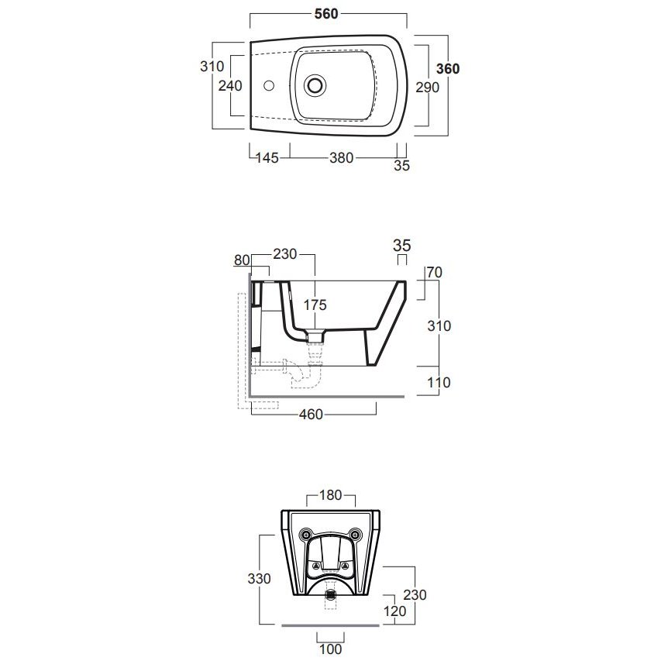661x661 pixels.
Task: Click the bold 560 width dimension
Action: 326,14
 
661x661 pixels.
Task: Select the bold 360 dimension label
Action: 448,69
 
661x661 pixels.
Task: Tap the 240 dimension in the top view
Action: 230,85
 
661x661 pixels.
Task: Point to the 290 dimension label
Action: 428,88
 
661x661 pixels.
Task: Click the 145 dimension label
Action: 267,157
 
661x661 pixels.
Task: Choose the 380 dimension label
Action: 342,157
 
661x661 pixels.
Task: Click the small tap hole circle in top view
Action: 269,85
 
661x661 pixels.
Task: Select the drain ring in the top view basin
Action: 315,85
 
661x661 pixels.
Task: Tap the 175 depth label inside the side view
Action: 315,305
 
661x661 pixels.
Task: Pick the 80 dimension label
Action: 242,260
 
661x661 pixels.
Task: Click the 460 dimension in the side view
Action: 311,415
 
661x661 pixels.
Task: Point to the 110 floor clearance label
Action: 439,382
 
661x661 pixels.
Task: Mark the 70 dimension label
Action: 434,272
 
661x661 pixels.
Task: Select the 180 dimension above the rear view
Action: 330,495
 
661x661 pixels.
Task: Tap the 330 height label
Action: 260,578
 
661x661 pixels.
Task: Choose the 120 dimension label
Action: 394,611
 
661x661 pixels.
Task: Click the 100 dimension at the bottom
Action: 330,649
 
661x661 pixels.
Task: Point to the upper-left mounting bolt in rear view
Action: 305,535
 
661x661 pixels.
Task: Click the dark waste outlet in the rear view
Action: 331,594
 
